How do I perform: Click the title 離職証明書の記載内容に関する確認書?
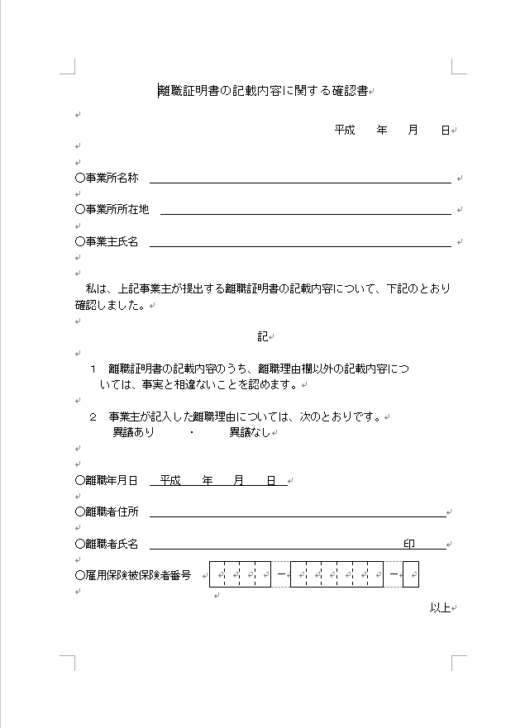[x=263, y=91]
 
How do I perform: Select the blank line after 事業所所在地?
[x=305, y=210]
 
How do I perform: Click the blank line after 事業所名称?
[x=300, y=178]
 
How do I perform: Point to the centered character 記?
[x=262, y=336]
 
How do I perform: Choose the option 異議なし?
[x=250, y=432]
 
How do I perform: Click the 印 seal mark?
[x=408, y=544]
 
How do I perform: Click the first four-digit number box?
[x=240, y=574]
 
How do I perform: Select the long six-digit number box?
[x=336, y=574]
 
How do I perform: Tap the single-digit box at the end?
[x=410, y=574]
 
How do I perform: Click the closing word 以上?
[x=439, y=608]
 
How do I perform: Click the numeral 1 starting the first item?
[x=93, y=369]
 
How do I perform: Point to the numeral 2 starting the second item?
[x=93, y=417]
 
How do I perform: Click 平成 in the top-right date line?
[x=345, y=131]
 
